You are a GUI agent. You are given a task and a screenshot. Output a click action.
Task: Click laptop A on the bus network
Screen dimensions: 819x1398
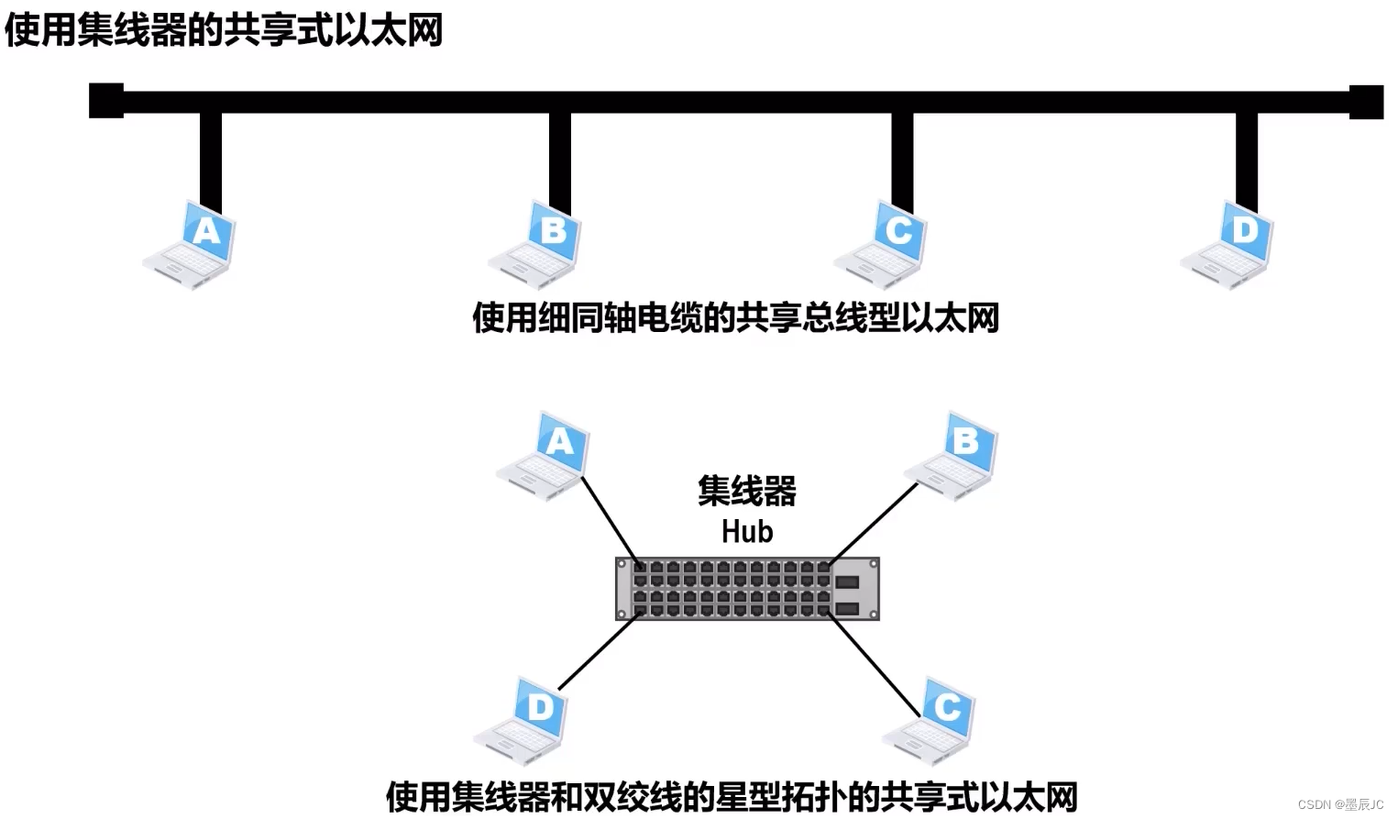(x=192, y=244)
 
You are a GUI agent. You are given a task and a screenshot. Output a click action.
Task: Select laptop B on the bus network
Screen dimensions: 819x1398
(x=537, y=244)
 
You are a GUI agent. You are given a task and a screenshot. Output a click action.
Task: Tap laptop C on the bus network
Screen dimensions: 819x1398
(x=883, y=244)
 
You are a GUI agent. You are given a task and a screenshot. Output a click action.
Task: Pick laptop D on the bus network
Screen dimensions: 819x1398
(x=1228, y=244)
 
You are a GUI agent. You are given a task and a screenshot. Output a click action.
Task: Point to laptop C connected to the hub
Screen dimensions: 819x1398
(x=930, y=721)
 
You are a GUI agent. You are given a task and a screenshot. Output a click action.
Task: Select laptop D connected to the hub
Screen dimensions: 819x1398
(x=523, y=721)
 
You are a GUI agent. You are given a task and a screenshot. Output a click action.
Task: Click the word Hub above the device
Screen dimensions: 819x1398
(x=747, y=532)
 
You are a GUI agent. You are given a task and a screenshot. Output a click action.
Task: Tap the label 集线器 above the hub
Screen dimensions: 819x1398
(x=747, y=492)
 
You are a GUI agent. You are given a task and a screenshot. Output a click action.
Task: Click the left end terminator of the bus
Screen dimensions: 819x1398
(x=106, y=101)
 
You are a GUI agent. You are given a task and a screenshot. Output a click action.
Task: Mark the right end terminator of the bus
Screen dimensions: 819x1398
(x=1366, y=102)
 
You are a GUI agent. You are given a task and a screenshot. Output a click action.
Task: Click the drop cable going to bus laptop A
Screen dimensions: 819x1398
(x=211, y=156)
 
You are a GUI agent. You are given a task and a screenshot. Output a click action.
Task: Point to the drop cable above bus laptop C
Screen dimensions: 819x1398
(x=902, y=156)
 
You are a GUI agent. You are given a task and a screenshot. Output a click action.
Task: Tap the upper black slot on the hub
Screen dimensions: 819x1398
(x=846, y=581)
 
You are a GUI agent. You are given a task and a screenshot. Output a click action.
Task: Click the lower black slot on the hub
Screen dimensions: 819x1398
(x=846, y=608)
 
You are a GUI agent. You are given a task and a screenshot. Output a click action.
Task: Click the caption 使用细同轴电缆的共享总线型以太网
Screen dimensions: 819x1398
(x=735, y=318)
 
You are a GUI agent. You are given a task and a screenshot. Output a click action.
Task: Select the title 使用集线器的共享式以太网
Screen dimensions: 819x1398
(x=224, y=29)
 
